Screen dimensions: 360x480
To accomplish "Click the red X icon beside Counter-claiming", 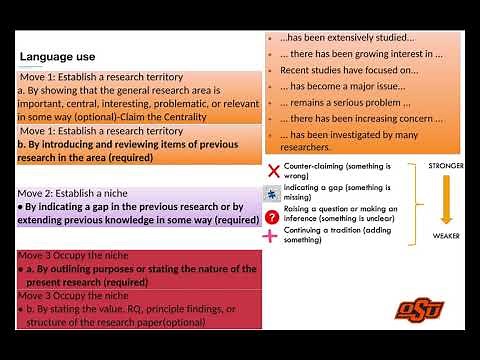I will click(x=272, y=171).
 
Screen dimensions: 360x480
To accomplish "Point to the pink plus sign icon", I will click(x=271, y=236).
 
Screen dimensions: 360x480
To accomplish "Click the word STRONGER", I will click(x=445, y=164).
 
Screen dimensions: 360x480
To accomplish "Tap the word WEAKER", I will click(x=445, y=236).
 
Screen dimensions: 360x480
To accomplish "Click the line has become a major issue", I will click(x=340, y=87).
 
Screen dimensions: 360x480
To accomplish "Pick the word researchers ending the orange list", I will click(x=310, y=147).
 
